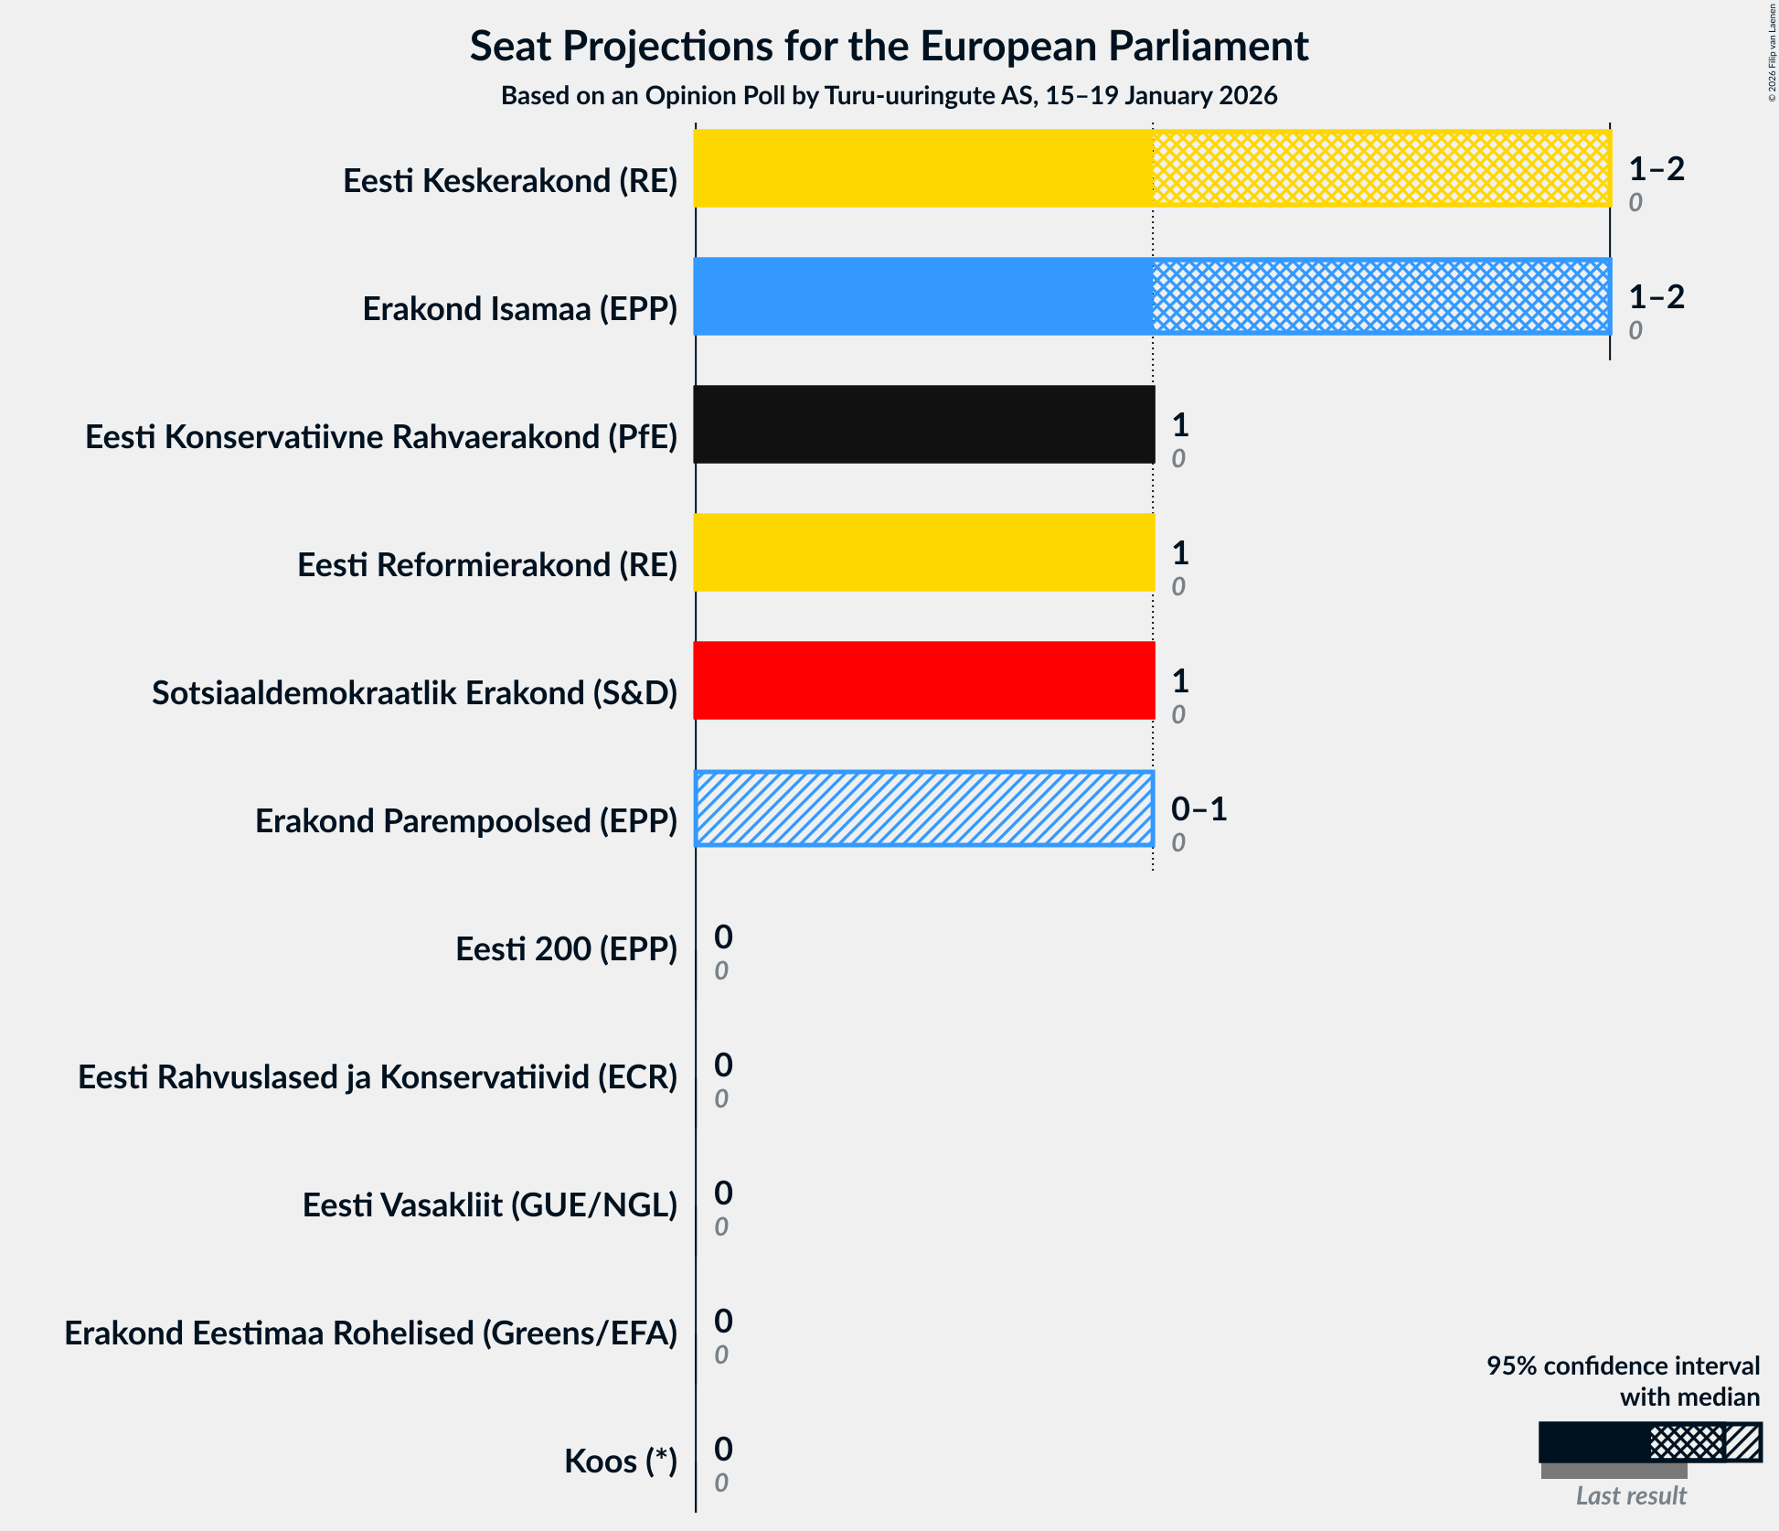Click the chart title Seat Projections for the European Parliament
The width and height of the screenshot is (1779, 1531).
pos(889,47)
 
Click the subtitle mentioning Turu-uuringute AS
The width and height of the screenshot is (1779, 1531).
pos(889,96)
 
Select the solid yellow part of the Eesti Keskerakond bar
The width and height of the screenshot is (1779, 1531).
pos(922,168)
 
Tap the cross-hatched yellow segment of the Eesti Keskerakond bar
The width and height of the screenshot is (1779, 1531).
pos(1380,168)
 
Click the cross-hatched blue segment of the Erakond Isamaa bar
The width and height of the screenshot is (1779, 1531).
pos(1380,296)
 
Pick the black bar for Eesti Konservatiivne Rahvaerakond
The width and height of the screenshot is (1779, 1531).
pos(923,424)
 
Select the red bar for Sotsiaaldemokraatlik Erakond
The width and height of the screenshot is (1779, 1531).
pos(923,680)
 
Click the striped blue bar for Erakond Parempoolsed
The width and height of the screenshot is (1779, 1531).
pos(923,808)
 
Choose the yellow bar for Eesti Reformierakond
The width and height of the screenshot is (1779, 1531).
pos(923,552)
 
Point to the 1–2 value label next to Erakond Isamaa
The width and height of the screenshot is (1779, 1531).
pos(1656,296)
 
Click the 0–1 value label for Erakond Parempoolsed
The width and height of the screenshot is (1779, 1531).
pos(1198,808)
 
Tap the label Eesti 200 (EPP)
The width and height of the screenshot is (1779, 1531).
pos(566,949)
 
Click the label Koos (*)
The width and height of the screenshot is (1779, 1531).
pos(620,1461)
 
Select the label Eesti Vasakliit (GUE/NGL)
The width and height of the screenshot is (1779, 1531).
pos(489,1205)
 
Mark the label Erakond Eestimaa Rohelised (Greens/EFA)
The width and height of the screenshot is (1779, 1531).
pos(370,1333)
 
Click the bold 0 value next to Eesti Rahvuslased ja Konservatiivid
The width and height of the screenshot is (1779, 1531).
pos(723,1065)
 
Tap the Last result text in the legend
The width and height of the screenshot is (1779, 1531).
pos(1630,1496)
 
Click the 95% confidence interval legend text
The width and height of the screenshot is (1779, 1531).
pos(1622,1381)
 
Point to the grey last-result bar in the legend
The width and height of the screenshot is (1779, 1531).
pos(1614,1471)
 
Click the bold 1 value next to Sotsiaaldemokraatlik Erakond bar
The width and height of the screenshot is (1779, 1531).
pos(1180,680)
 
